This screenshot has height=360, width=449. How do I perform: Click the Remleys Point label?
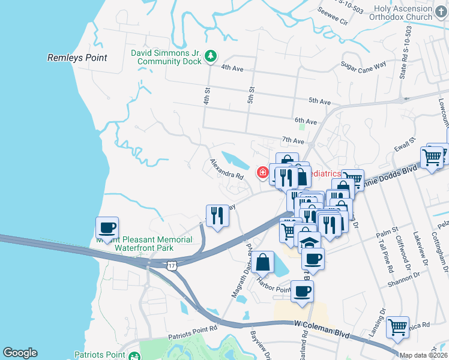(x=77, y=58)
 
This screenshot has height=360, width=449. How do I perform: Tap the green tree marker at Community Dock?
(x=210, y=56)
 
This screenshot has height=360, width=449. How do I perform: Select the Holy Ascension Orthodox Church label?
(x=402, y=13)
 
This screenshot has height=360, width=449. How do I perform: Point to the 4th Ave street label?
(x=232, y=68)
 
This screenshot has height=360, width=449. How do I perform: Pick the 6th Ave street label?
(x=306, y=121)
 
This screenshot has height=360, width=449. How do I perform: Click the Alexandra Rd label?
(x=226, y=170)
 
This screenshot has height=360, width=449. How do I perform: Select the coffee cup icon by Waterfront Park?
(x=107, y=228)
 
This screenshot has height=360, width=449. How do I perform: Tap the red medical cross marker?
(x=262, y=173)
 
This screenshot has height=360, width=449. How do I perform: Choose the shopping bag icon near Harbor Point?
(x=263, y=262)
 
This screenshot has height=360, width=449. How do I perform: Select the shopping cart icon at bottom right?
(x=397, y=328)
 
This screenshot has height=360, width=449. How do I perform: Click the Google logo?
(x=20, y=353)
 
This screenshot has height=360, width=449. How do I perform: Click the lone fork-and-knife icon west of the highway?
(x=217, y=215)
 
